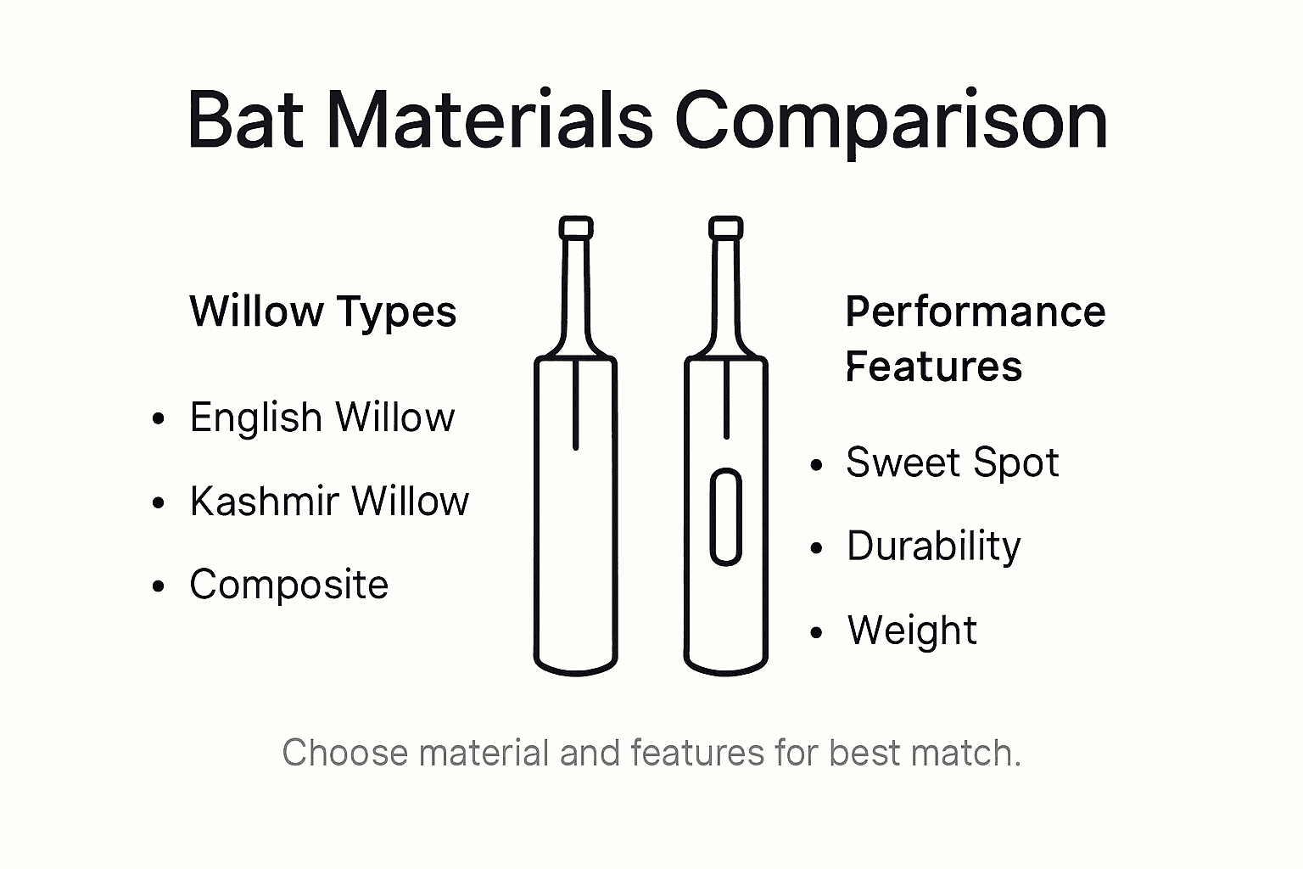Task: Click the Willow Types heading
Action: pos(322,311)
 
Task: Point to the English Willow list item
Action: pos(322,418)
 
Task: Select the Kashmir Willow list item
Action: pos(329,501)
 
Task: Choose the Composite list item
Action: pos(288,585)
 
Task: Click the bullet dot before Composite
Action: pos(158,586)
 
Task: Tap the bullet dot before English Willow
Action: pos(158,419)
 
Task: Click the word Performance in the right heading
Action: pos(976,311)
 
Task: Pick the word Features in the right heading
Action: pos(934,367)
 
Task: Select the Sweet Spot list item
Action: pos(952,463)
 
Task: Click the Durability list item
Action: pos(933,546)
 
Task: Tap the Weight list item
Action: pos(912,631)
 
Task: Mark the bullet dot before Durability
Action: pos(817,548)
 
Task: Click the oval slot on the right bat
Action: pos(725,517)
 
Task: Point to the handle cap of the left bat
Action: pos(576,227)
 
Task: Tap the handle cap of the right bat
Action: pos(726,227)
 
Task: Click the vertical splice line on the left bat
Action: pos(576,403)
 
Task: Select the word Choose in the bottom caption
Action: pos(344,753)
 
